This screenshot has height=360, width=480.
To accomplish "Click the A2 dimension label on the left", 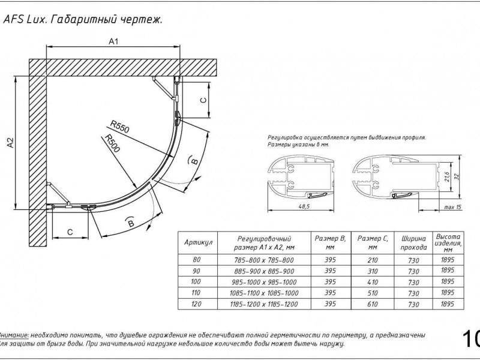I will (x=10, y=143).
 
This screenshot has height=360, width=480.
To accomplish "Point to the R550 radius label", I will (x=120, y=127).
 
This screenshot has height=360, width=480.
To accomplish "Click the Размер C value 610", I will (x=371, y=305).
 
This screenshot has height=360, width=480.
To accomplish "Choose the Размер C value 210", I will (x=371, y=260).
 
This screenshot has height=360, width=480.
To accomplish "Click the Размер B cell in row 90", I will (x=329, y=271).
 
